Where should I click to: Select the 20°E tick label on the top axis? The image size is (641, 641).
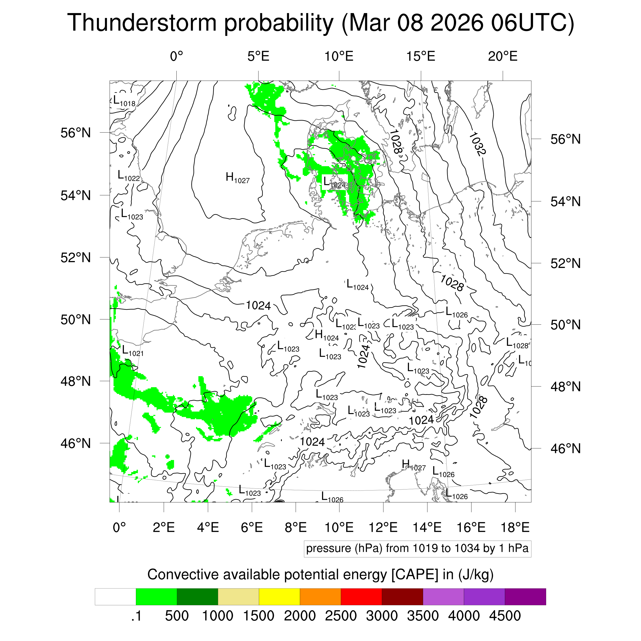[x=503, y=56]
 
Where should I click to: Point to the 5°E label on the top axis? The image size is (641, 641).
[x=258, y=56]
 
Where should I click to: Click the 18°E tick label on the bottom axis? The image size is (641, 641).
[x=515, y=527]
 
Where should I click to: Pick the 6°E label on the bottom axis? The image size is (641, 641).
[x=252, y=527]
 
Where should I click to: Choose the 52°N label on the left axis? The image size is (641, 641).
[x=76, y=257]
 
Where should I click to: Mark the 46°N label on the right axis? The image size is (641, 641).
[x=566, y=448]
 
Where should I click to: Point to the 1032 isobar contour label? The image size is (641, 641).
[x=477, y=144]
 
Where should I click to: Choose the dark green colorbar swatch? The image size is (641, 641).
[x=197, y=597]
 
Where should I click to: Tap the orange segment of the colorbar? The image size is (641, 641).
[x=320, y=597]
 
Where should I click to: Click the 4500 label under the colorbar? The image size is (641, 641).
[x=505, y=616]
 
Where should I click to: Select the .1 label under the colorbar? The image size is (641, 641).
[x=136, y=616]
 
